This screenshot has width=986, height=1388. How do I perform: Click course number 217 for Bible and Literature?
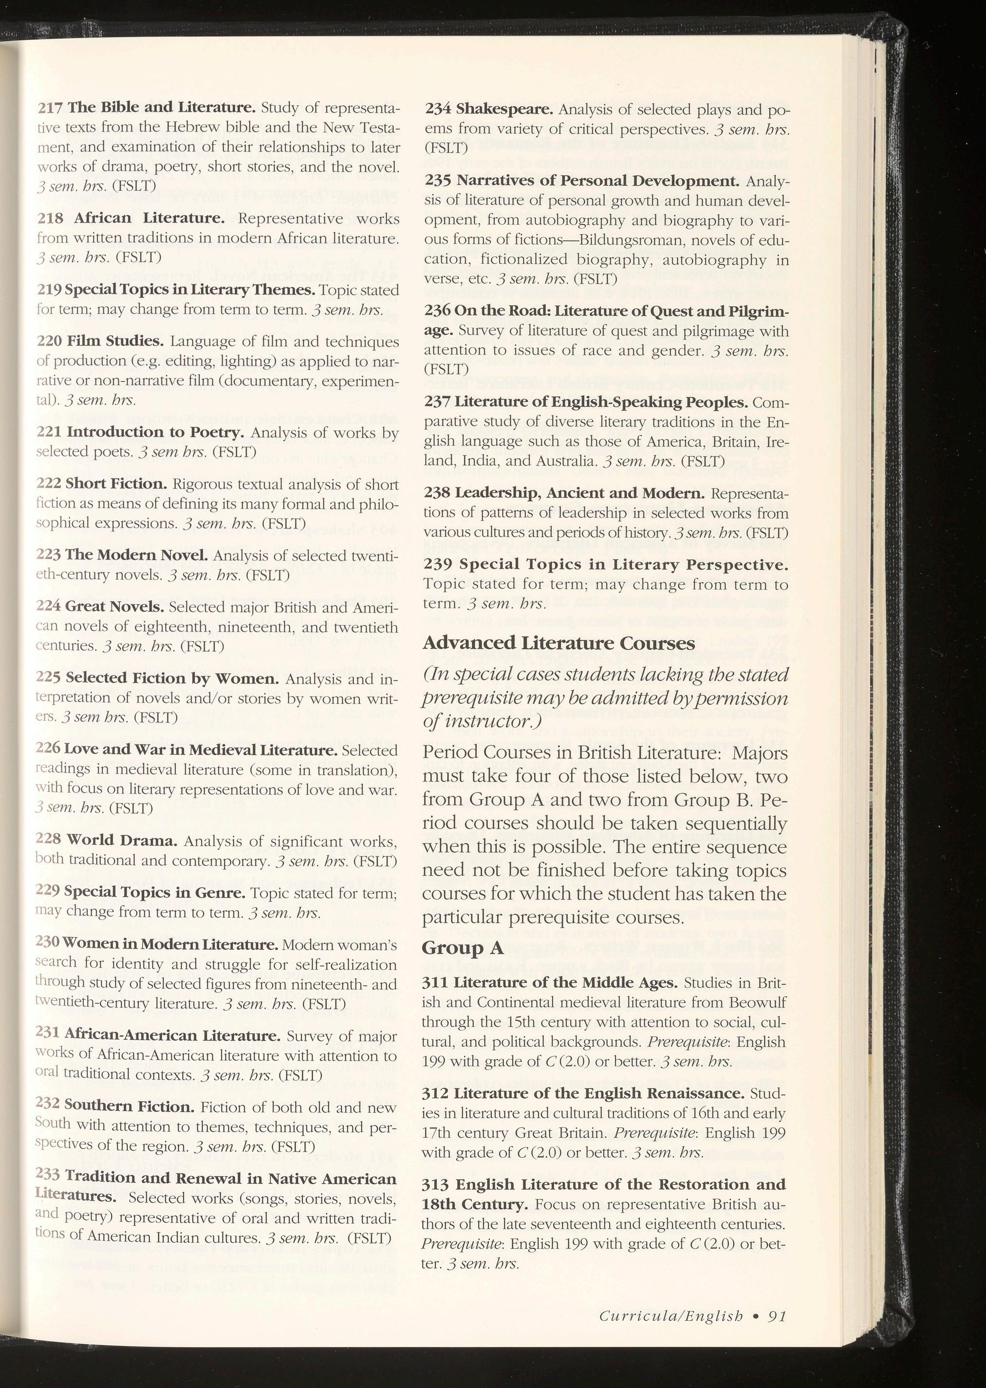point(50,109)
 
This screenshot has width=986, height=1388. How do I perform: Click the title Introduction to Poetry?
point(155,432)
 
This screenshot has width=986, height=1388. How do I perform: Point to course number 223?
point(48,555)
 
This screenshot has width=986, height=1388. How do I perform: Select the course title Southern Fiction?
point(129,1107)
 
